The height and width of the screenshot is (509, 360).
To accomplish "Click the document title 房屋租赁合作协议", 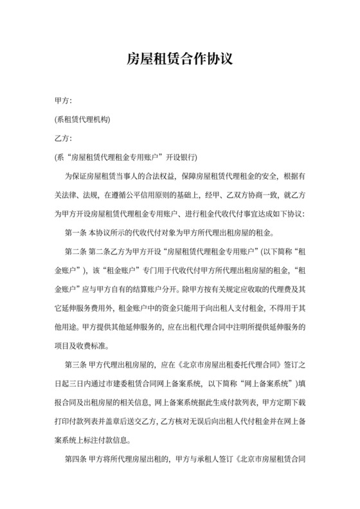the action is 180,60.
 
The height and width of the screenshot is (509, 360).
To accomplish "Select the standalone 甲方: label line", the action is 64,101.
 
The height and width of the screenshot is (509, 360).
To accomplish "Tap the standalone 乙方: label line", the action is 64,138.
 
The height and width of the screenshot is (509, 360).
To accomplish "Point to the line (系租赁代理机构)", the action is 83,120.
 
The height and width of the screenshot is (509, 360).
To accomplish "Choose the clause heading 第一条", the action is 76,231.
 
